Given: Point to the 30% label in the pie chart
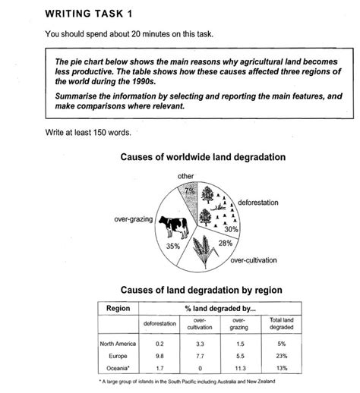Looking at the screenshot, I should [x=231, y=229].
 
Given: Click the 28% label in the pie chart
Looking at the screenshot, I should [x=225, y=243].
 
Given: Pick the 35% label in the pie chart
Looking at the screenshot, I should [x=172, y=246].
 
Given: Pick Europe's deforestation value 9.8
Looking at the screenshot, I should [x=159, y=354].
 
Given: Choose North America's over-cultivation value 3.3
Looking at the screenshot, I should [x=200, y=344].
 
